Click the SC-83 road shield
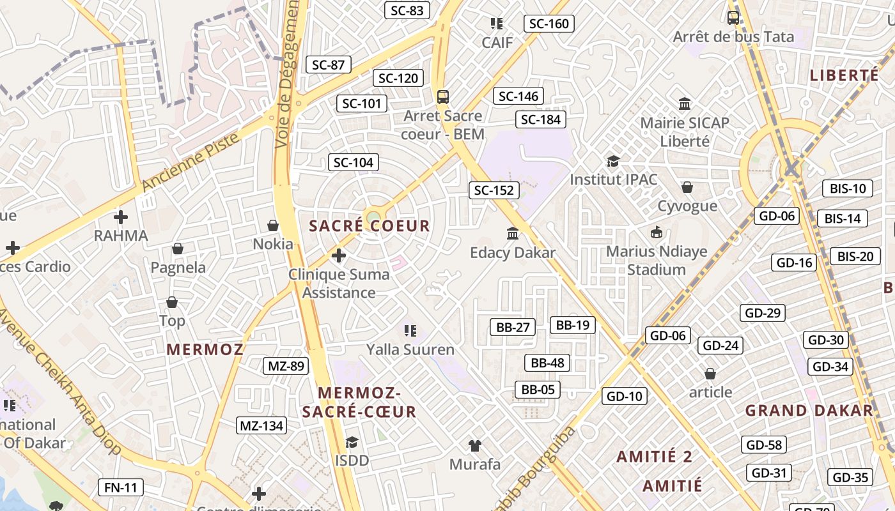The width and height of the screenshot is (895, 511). pos(407,10)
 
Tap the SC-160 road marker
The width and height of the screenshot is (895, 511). pos(549,24)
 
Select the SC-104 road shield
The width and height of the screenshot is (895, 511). pos(354,162)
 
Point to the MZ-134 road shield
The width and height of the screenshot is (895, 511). pos(261,425)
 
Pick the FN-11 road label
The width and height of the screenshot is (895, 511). pos(121,488)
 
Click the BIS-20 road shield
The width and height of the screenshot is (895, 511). pos(855,257)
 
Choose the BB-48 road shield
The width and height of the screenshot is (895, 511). pos(548,363)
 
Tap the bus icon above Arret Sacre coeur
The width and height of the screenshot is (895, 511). pos(442,97)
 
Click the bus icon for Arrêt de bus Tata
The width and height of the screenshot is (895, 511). pos(733,18)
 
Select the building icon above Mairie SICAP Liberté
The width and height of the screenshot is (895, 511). pos(685,103)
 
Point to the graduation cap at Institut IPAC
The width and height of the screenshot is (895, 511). pos(613,161)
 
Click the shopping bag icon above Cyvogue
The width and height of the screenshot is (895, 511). pos(687,187)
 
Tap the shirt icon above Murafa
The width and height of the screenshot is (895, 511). pos(474,445)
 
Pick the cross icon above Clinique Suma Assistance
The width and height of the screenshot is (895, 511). pos(338,256)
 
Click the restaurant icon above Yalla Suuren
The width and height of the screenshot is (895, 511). pos(410,330)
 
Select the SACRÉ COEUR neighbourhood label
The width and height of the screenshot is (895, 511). pos(370,226)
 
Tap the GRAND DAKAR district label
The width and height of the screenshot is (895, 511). pos(809,411)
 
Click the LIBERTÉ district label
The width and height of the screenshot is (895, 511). pos(844,75)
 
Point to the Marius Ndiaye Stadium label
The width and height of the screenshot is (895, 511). pos(657,261)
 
